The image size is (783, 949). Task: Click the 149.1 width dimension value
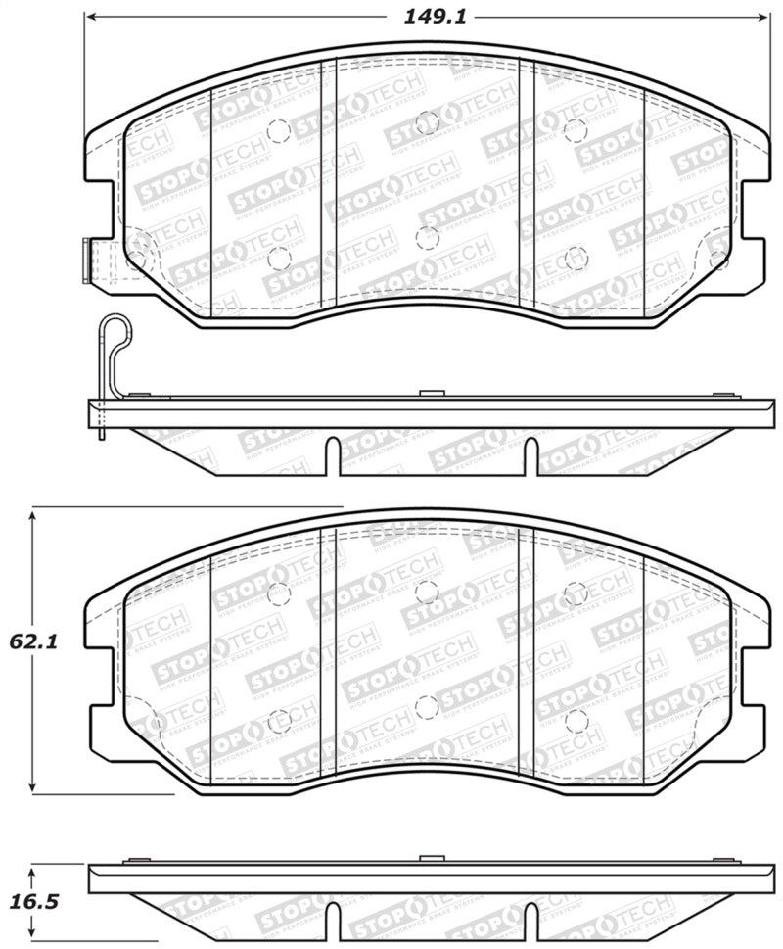tap(426, 16)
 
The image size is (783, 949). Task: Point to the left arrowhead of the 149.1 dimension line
tap(91, 17)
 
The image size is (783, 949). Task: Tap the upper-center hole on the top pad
tap(426, 122)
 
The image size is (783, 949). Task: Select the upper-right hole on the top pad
tap(575, 128)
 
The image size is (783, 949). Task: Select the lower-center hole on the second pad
tap(426, 707)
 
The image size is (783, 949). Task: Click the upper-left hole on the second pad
tap(279, 593)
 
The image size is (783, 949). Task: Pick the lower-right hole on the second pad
tap(575, 722)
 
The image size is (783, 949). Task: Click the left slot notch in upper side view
tap(333, 455)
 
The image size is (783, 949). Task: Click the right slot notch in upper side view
tap(530, 455)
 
